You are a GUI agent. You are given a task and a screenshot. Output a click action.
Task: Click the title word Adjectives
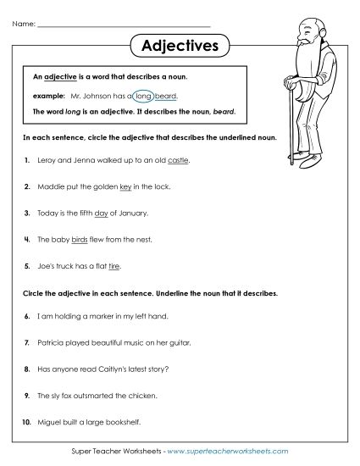(x=178, y=45)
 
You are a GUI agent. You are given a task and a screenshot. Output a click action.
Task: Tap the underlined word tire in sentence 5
(x=115, y=267)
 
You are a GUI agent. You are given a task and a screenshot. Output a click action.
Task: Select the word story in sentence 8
(x=150, y=370)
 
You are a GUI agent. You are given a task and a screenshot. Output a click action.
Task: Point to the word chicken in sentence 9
(x=141, y=397)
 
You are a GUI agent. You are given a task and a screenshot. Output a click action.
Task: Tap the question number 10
(x=26, y=424)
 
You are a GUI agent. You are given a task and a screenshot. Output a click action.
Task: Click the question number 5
(x=28, y=267)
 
